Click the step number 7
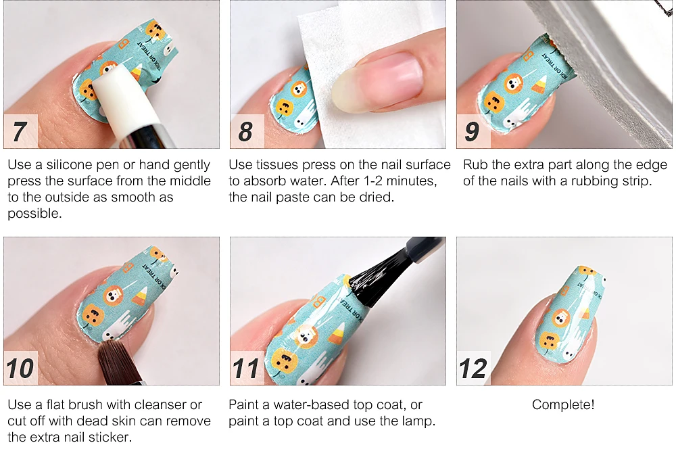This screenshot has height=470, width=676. pos(19,131)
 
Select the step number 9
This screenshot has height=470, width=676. pos(472,131)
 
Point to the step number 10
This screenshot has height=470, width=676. pos(20,368)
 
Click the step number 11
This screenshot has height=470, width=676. pos(246,368)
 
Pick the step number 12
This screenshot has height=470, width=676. pos(473,368)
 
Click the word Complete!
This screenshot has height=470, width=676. pos(563,404)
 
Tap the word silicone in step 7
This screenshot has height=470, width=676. pos(69,165)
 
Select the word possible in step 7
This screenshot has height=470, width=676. pos(34,214)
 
